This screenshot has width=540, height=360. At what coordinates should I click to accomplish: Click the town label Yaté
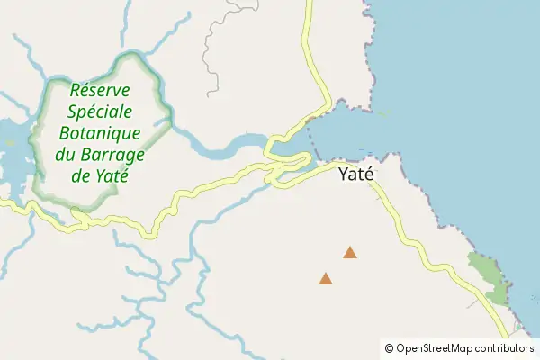(355, 175)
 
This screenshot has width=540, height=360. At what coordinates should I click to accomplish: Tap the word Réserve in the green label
(100, 91)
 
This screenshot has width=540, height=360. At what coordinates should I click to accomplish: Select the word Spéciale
(101, 112)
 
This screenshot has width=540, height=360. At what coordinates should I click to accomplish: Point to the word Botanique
(101, 133)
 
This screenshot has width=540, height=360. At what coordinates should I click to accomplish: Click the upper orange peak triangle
(350, 253)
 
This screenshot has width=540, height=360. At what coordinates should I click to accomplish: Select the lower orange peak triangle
(326, 279)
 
